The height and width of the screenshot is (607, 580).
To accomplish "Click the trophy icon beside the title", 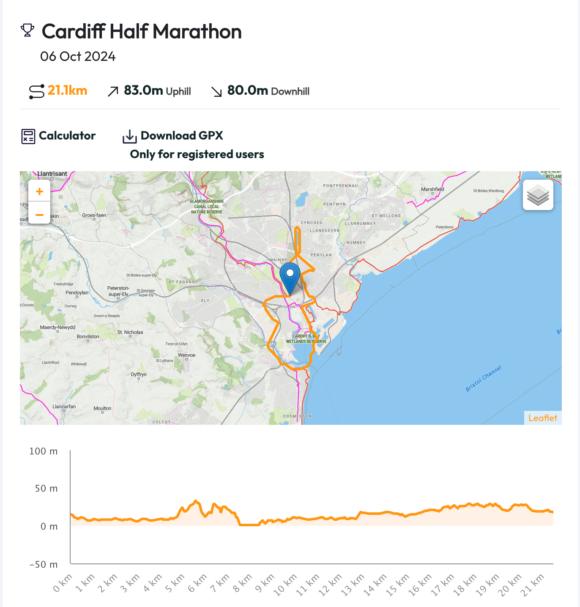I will pos(27,30).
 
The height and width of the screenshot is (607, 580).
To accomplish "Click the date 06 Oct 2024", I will pos(78,56).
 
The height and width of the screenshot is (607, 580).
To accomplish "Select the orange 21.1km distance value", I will pos(67,90).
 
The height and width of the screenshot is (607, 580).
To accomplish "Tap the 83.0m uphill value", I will pos(143,90).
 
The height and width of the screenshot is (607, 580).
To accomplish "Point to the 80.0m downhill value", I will pos(247,90).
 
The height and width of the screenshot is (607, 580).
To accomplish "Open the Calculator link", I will pos(67,136).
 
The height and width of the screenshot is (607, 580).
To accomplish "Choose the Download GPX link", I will pos(182,136).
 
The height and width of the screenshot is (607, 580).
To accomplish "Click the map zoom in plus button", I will pos(39,191).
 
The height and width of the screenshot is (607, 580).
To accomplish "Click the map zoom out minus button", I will pos(39,215).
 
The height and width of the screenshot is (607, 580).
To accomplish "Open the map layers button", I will pos(538,195).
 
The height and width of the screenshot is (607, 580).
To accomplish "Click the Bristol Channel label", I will pos(483,378).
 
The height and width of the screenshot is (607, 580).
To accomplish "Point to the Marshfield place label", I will pos(432,189).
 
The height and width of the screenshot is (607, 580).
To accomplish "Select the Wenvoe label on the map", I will pos(186,355).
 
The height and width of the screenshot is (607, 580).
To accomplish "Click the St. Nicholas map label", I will pos(130,332).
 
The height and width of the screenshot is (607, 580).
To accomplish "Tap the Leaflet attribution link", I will pos(543,418).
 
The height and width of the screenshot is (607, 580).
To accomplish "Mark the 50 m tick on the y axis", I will pos(46,489).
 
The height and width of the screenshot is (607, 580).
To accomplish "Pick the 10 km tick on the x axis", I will pos(286,585).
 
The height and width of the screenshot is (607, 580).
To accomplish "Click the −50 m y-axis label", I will pos(44,565).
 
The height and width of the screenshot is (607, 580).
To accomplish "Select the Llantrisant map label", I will pos(52,174).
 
